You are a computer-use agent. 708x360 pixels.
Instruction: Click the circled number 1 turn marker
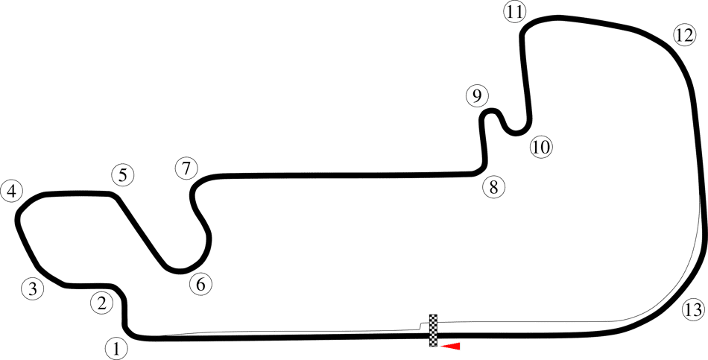pyautogui.click(x=117, y=349)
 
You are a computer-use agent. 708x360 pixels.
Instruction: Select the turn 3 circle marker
pyautogui.click(x=33, y=288)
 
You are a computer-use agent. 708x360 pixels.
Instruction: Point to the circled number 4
pyautogui.click(x=12, y=192)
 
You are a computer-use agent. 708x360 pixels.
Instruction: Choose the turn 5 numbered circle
pyautogui.click(x=123, y=175)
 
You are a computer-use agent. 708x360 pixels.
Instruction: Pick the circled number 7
pyautogui.click(x=186, y=169)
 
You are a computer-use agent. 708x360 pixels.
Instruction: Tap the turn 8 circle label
pyautogui.click(x=494, y=186)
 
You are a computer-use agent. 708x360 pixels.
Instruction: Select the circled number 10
pyautogui.click(x=541, y=147)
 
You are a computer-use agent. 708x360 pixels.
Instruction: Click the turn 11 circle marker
pyautogui.click(x=515, y=12)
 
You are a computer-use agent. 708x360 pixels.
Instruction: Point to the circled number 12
pyautogui.click(x=684, y=35)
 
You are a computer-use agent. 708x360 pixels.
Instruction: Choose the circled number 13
pyautogui.click(x=692, y=310)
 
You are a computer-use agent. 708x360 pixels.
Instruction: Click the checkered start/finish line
pyautogui.click(x=434, y=330)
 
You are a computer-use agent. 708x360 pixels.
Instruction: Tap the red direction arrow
pyautogui.click(x=450, y=347)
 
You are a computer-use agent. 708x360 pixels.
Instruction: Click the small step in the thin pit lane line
pyautogui.click(x=420, y=326)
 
